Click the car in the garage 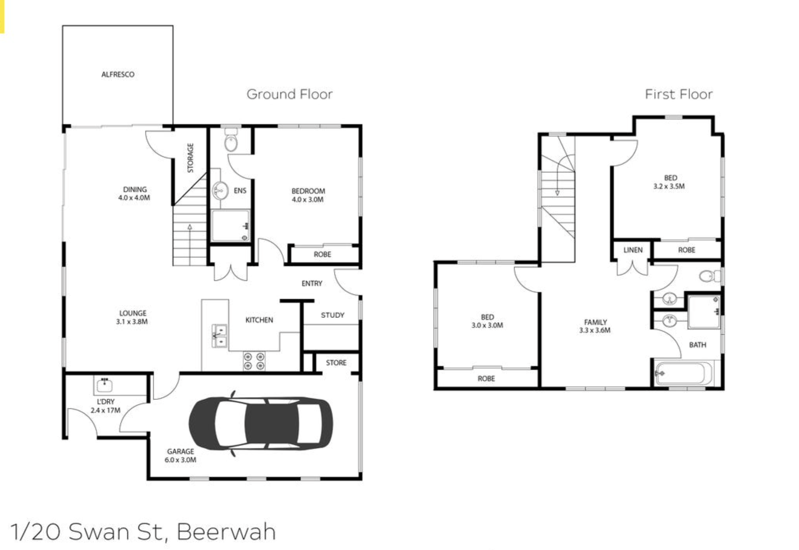click(261, 424)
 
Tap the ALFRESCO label click(118, 75)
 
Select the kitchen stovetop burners click(254, 361)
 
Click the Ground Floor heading click(289, 94)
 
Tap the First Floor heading click(679, 94)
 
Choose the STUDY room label click(333, 315)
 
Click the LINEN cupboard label click(633, 250)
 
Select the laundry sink click(104, 385)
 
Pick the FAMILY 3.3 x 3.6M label click(595, 326)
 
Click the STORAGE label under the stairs click(191, 158)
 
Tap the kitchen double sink click(219, 336)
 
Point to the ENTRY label click(312, 284)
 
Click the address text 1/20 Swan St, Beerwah click(143, 531)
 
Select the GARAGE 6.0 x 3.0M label click(180, 456)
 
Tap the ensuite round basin click(220, 191)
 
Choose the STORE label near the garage click(336, 363)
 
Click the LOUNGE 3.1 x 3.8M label click(132, 318)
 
